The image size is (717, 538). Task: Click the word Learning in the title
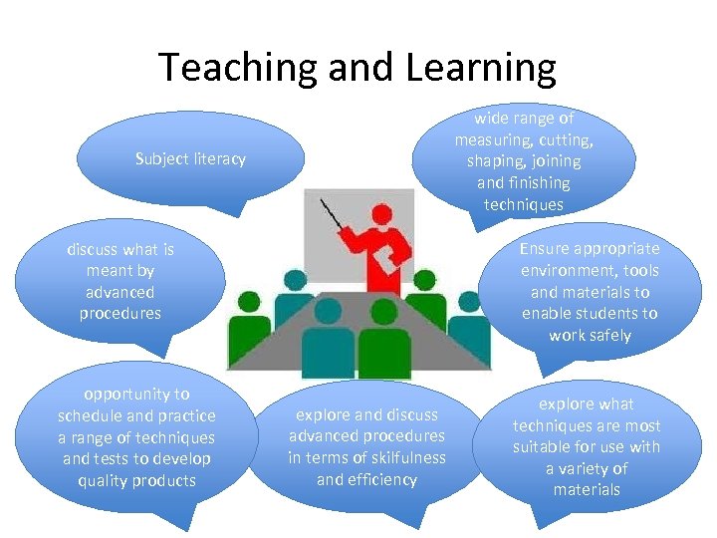click(x=481, y=68)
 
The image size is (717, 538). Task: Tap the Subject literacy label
click(x=190, y=159)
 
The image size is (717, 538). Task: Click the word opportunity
click(x=136, y=395)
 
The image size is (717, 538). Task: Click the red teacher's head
click(x=380, y=213)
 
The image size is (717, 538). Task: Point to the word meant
click(x=107, y=271)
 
